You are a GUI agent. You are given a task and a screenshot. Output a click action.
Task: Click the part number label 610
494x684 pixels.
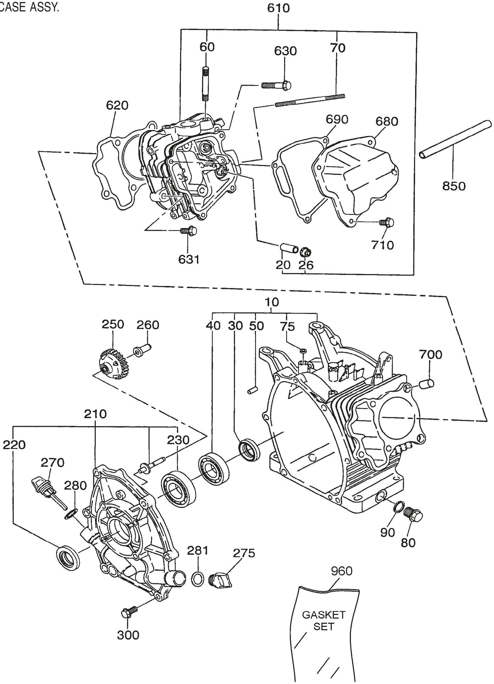pos(278,8)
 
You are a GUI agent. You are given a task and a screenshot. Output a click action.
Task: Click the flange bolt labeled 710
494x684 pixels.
pos(387,222)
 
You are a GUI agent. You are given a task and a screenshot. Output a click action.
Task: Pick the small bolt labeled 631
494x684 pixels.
pos(188,231)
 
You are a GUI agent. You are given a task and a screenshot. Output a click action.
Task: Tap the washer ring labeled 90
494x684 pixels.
pos(398,507)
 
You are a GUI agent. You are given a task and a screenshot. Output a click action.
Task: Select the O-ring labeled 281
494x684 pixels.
pos(196,579)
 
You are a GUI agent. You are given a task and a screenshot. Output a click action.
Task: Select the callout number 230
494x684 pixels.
pos(178,440)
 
